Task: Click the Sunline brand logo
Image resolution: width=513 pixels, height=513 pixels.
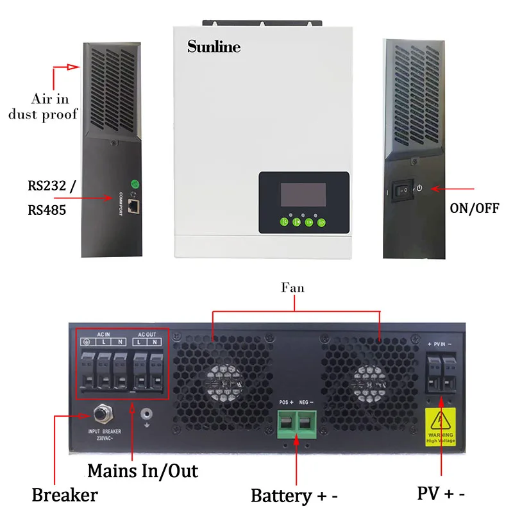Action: click(x=214, y=47)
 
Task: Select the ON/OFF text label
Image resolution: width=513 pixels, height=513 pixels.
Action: click(x=475, y=208)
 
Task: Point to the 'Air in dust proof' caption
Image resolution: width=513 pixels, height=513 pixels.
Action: click(x=54, y=107)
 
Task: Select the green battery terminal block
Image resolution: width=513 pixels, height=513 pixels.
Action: click(x=296, y=424)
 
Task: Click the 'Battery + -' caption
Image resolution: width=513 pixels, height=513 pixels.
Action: click(x=294, y=495)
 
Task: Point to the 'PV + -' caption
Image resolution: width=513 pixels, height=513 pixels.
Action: click(x=441, y=493)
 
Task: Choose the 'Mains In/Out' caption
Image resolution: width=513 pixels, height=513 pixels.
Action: click(x=142, y=471)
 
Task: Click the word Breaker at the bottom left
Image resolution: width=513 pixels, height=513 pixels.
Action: click(x=65, y=495)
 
